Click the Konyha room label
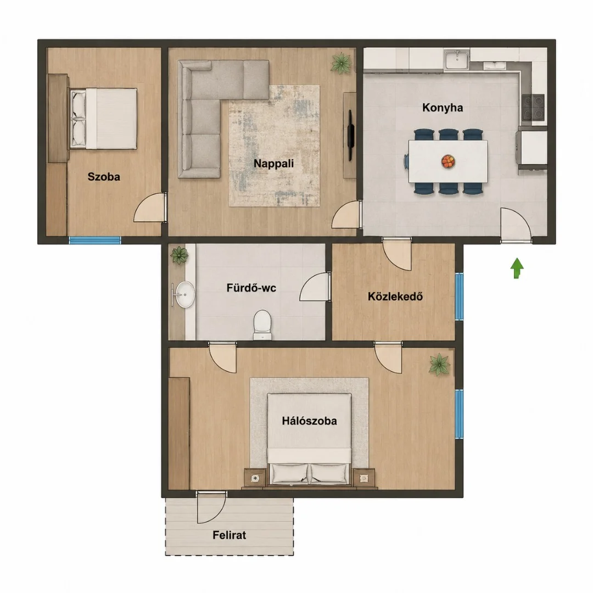(443, 108)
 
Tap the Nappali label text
(273, 164)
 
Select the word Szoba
(104, 177)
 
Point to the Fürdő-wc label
(251, 288)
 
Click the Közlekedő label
(395, 296)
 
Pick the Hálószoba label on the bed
(309, 421)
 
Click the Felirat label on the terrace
(229, 535)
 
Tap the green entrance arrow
(517, 268)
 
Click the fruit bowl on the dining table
(448, 161)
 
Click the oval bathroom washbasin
(185, 294)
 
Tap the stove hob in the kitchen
(533, 108)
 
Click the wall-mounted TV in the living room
(350, 135)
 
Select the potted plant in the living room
(342, 63)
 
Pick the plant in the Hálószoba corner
(439, 365)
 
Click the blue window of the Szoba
(94, 240)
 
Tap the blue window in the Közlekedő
(459, 297)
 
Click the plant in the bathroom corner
(179, 255)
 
